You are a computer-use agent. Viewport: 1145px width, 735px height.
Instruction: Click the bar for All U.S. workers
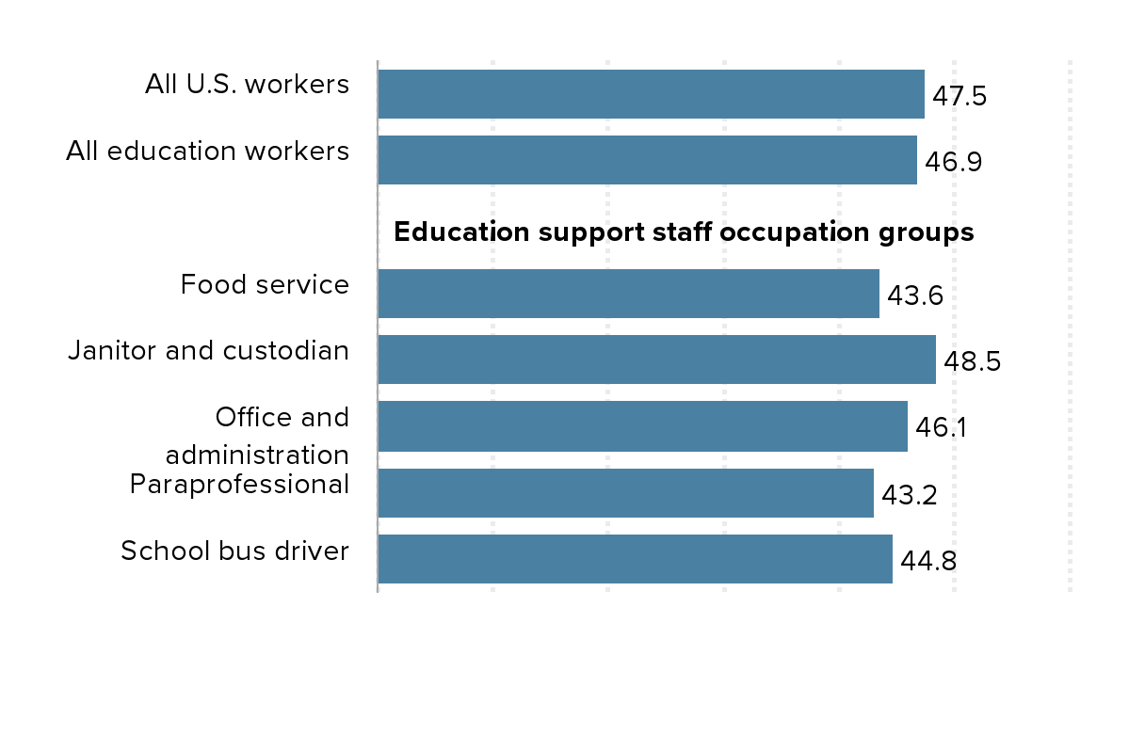coord(651,94)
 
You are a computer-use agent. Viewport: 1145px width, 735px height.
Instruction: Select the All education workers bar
coord(647,160)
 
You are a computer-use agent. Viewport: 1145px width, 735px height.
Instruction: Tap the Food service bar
coord(628,294)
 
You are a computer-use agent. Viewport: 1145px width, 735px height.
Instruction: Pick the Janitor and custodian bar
coord(656,360)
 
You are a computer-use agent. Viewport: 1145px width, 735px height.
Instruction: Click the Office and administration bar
coord(642,426)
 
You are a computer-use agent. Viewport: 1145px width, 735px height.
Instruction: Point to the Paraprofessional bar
coord(625,493)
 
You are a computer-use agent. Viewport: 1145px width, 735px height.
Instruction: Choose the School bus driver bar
coord(635,559)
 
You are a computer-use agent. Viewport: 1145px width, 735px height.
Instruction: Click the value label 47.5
coord(959,96)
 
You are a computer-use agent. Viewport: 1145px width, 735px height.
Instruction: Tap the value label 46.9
coord(953,162)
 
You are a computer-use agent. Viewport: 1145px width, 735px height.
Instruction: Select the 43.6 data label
coord(914,296)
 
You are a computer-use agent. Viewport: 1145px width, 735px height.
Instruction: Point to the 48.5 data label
coord(972,362)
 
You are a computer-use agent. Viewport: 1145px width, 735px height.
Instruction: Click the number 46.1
coord(942,428)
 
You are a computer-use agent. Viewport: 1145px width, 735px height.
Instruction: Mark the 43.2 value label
coord(909,495)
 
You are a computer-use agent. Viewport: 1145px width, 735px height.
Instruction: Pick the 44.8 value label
coord(928,562)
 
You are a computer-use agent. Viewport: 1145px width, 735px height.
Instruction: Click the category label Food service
coord(265,284)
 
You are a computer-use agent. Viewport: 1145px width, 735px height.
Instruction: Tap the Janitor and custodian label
coord(208,350)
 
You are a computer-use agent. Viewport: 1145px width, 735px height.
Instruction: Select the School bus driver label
coord(234,551)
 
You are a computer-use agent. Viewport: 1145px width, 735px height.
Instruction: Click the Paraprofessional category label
coord(239,484)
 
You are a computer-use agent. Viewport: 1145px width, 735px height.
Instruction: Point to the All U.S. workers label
coord(247,84)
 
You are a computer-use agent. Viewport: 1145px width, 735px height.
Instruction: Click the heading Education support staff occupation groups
coord(683,232)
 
